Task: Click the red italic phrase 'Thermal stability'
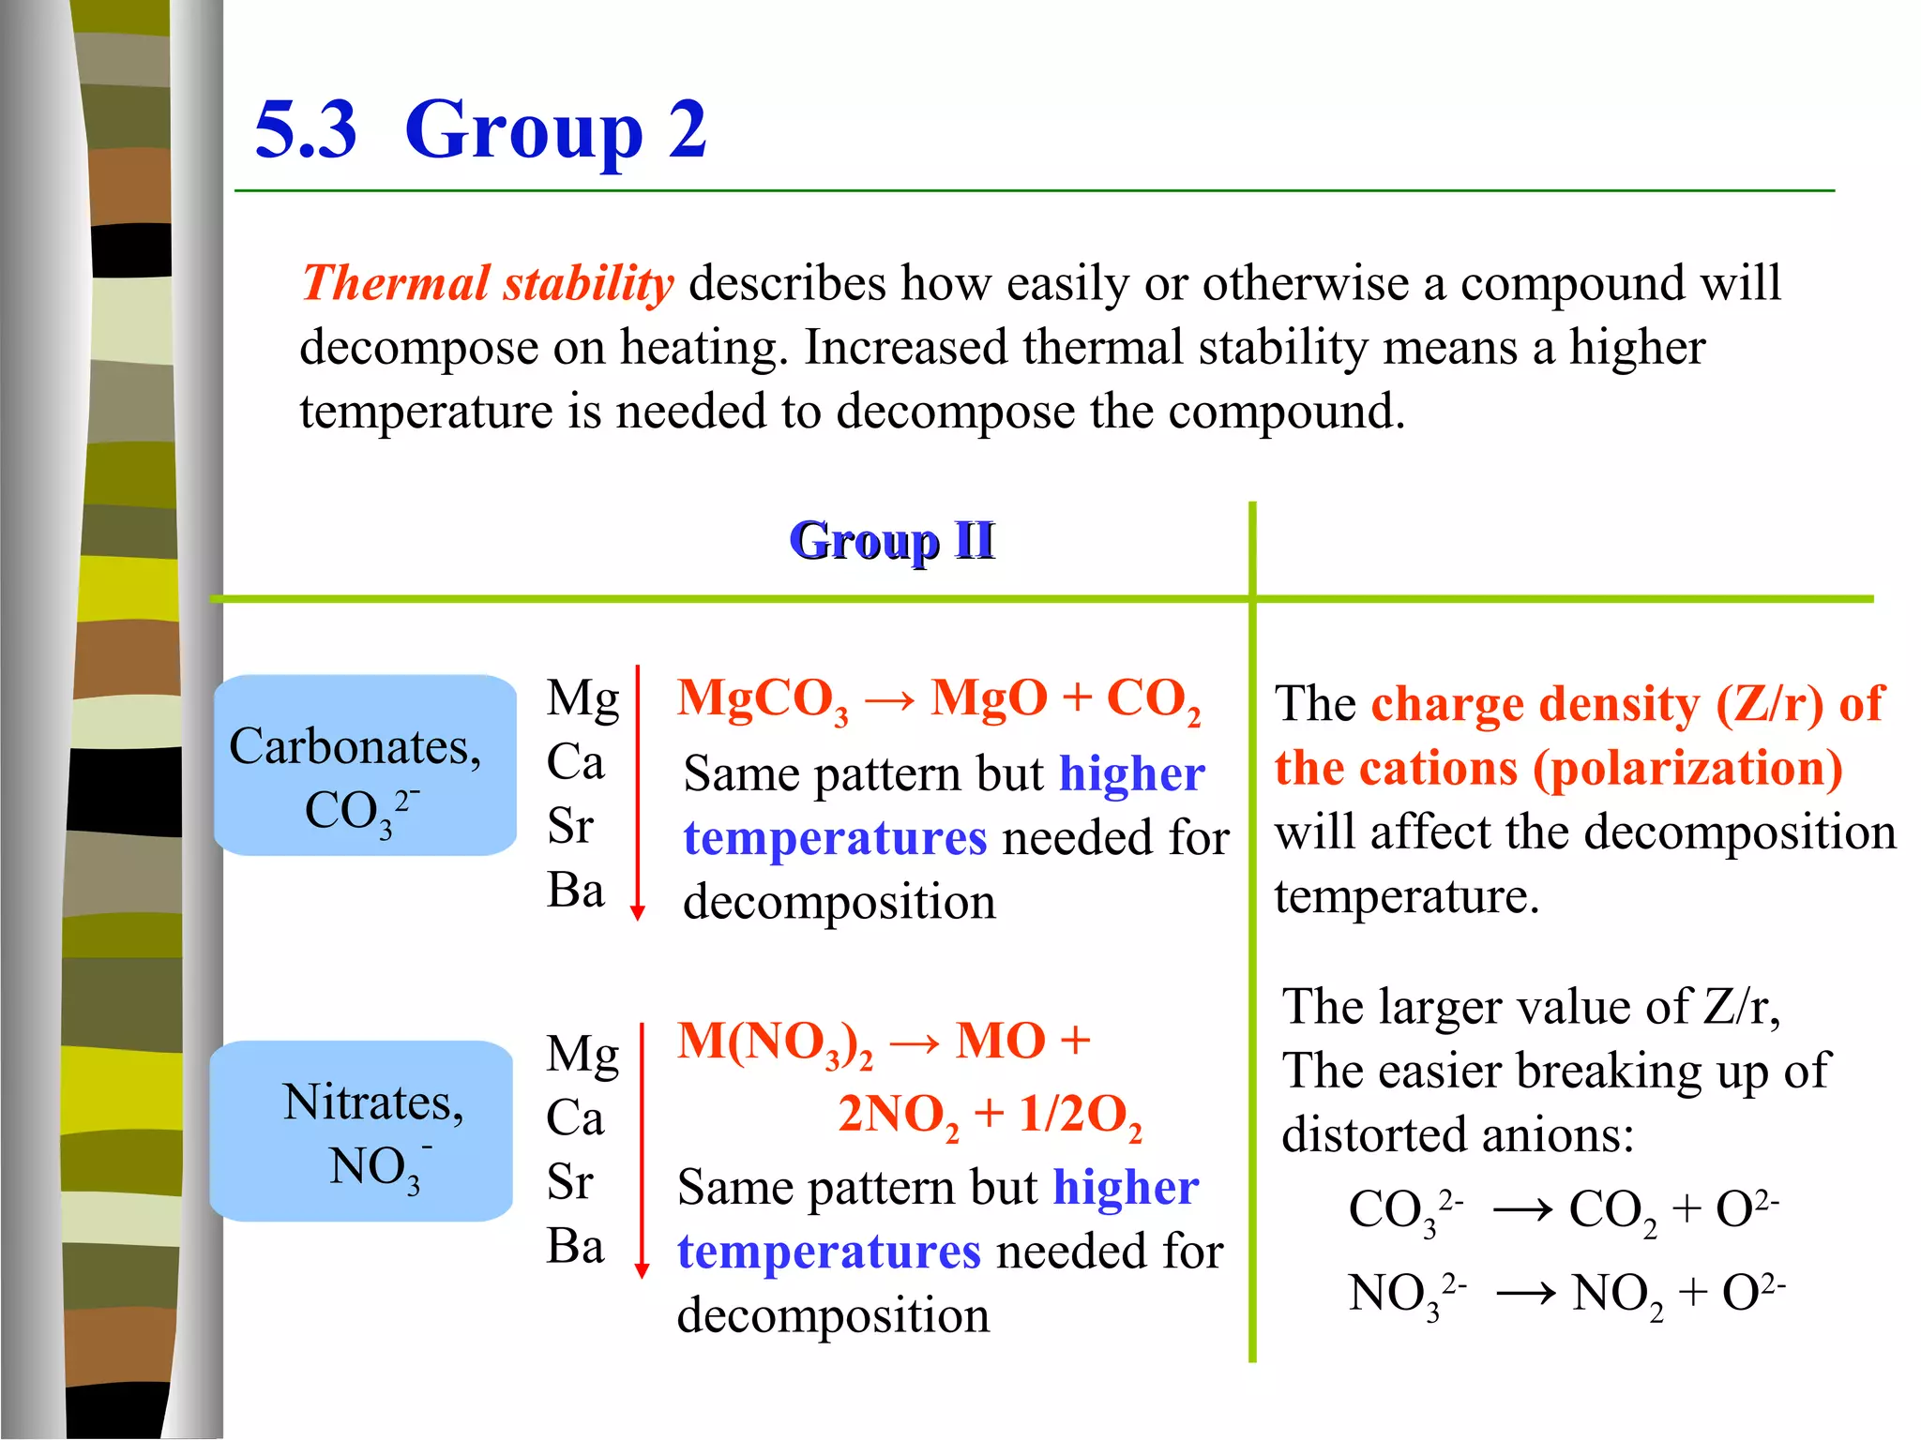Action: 488,283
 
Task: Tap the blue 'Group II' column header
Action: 891,541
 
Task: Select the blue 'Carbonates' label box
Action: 365,765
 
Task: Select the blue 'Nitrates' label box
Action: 361,1131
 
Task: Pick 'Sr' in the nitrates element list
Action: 570,1181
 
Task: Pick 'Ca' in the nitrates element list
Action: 575,1117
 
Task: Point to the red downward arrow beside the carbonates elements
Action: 638,792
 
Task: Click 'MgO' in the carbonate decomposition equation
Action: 989,698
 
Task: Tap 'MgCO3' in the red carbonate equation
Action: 763,700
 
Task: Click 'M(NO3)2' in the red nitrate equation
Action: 775,1042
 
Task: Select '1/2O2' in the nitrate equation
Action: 1081,1116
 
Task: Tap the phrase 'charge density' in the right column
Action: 1535,704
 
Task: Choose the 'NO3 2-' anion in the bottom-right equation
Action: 1406,1295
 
